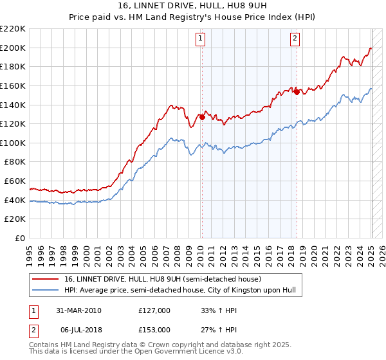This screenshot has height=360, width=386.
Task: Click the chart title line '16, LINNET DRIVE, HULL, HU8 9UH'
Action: (x=192, y=6)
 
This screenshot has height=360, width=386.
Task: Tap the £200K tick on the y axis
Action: (x=14, y=48)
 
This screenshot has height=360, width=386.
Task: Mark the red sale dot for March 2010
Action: (x=202, y=117)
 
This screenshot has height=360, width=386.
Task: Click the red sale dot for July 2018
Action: (x=297, y=92)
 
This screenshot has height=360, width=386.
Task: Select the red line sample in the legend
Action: (x=46, y=279)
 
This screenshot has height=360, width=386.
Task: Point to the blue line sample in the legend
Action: (x=46, y=290)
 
